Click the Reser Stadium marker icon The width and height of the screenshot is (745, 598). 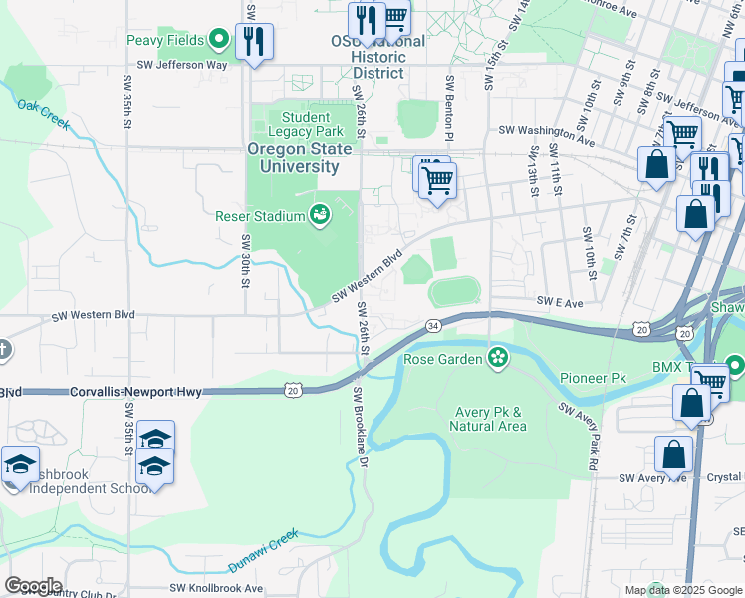(x=320, y=214)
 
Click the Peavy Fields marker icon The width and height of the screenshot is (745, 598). (x=220, y=41)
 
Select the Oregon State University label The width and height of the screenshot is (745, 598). (x=300, y=157)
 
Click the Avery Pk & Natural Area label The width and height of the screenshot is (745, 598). (x=487, y=419)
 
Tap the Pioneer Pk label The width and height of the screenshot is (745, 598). (x=592, y=379)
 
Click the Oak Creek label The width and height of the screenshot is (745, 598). (x=43, y=112)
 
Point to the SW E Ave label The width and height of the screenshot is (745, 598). (x=559, y=300)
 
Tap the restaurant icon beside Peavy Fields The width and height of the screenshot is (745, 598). (x=254, y=41)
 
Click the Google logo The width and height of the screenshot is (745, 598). (x=33, y=586)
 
